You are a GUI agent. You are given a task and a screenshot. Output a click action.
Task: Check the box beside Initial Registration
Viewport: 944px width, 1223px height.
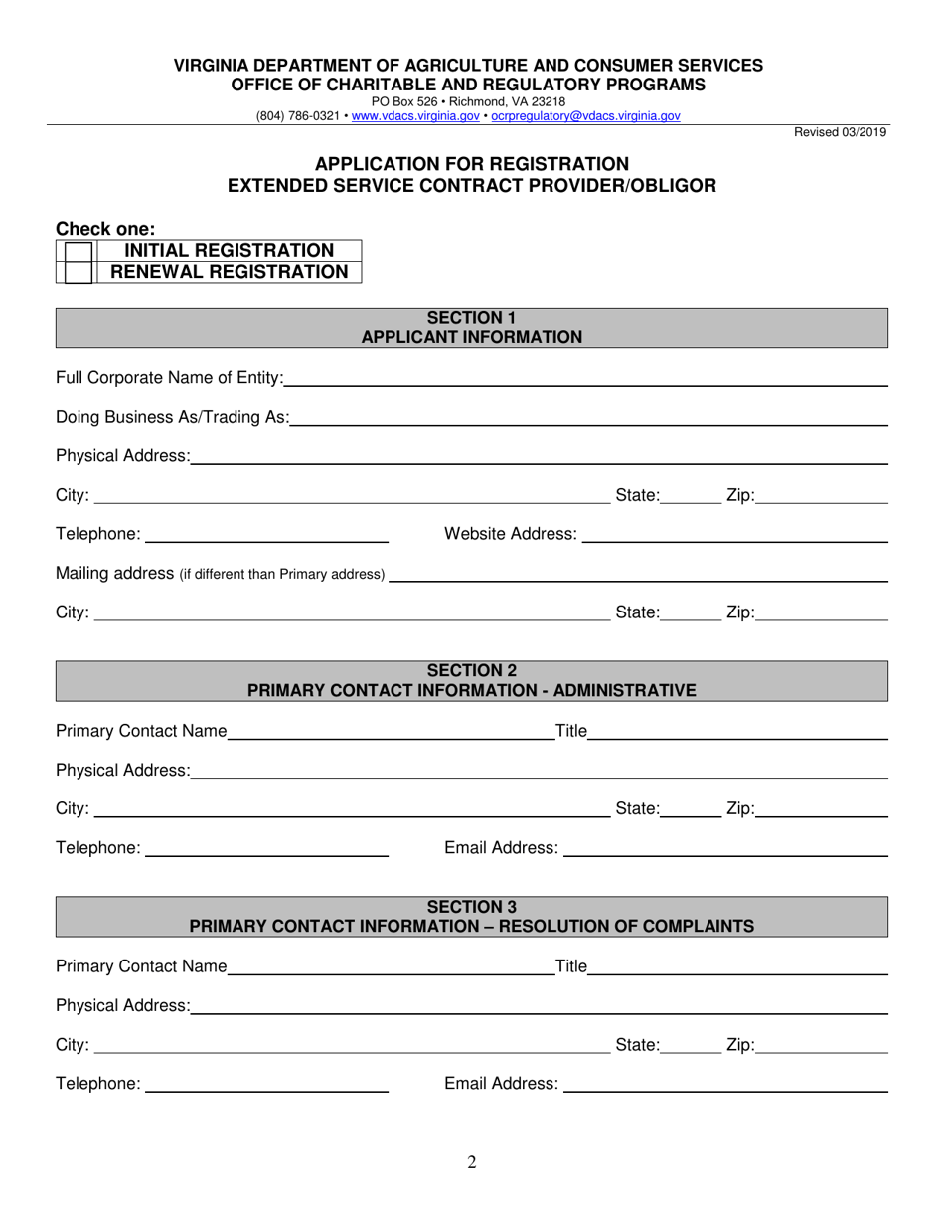[x=78, y=251]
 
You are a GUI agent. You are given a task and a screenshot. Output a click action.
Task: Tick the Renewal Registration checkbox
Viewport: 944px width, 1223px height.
[x=78, y=272]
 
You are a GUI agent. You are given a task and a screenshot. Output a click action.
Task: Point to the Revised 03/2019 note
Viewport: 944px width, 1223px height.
[x=840, y=132]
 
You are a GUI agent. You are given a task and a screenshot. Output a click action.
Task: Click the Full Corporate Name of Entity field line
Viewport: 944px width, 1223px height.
[x=585, y=379]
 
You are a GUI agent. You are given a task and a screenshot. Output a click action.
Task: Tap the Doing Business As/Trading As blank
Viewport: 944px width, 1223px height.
[x=588, y=419]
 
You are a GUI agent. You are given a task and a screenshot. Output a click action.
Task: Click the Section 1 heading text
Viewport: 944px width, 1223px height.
[x=472, y=318]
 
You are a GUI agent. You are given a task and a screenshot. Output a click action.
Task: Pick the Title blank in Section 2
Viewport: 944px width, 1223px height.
[x=737, y=733]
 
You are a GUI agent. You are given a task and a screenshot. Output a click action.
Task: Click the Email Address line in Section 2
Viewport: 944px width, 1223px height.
[x=725, y=849]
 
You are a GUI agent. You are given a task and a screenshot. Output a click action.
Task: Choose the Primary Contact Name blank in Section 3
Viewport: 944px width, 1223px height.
[x=391, y=967]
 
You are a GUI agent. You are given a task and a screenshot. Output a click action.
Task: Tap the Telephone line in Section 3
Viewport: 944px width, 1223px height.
[x=266, y=1085]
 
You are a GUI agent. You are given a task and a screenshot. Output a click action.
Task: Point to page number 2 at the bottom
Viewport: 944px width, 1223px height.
[x=472, y=1162]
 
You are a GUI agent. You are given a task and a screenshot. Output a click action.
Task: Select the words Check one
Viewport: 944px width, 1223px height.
[x=105, y=229]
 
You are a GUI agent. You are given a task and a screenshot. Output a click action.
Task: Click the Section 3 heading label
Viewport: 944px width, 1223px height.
[x=472, y=907]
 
